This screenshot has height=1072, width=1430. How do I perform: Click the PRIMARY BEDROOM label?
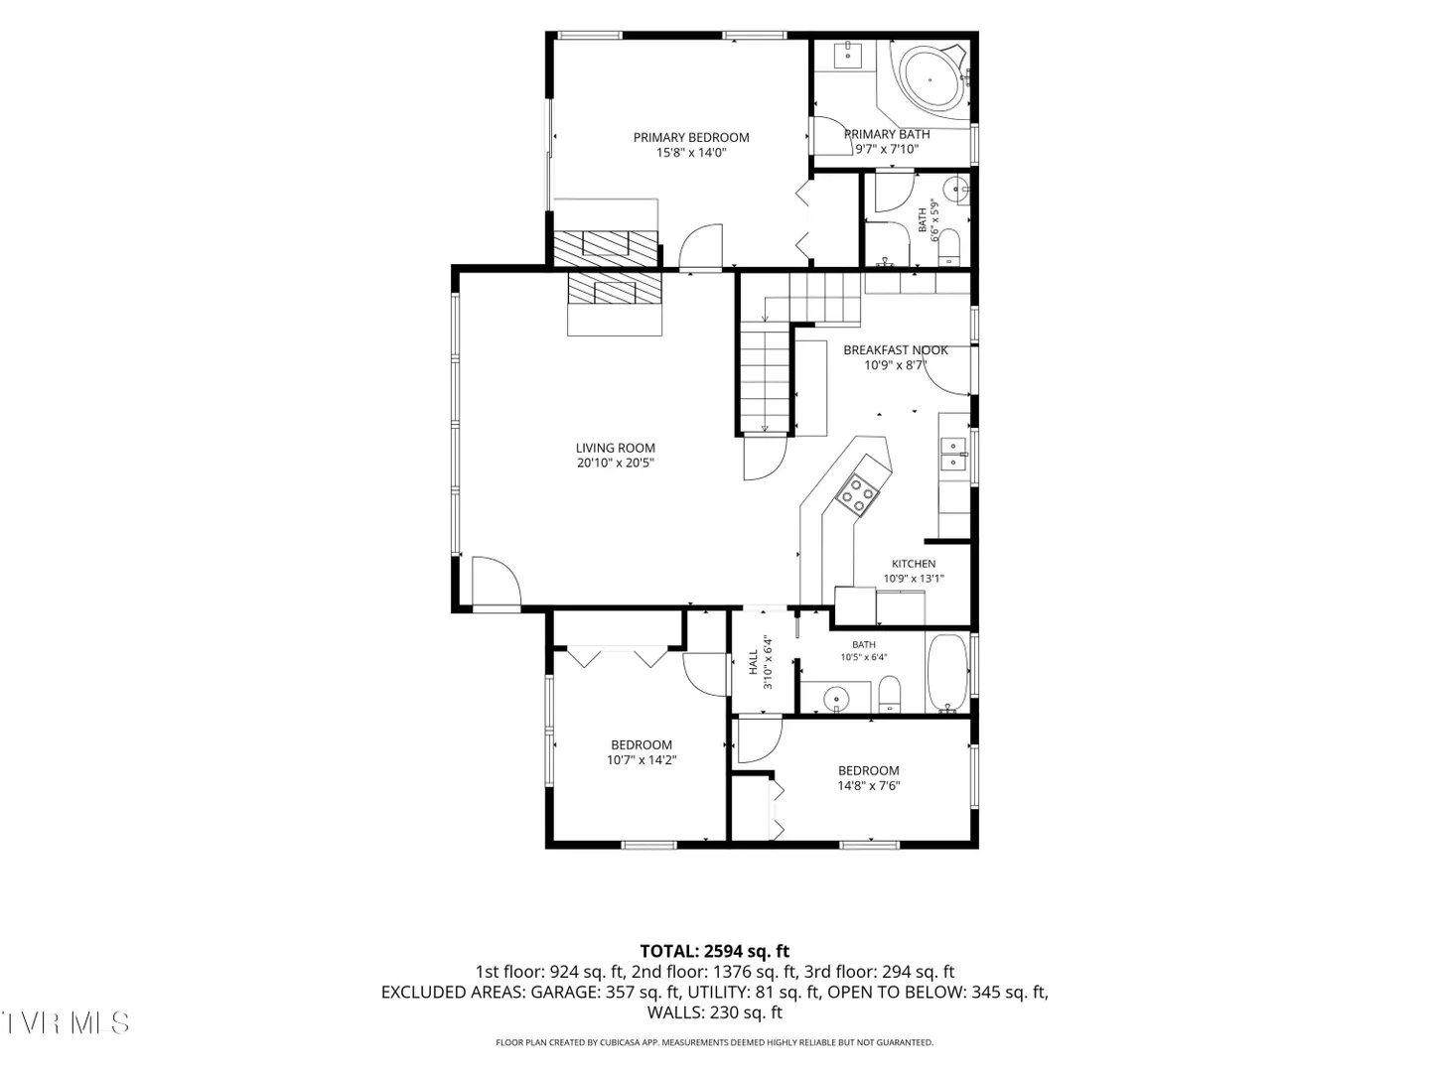[690, 137]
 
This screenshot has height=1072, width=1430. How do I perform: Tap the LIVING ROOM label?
[615, 448]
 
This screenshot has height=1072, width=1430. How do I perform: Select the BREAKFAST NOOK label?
[895, 350]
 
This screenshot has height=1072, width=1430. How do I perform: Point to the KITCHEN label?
[914, 564]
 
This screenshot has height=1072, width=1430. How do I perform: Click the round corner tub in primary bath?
[930, 80]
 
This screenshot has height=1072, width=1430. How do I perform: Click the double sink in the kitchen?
[953, 455]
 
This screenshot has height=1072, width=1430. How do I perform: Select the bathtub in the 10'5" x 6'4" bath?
[947, 673]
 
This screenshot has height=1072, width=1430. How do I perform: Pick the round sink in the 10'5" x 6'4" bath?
[836, 701]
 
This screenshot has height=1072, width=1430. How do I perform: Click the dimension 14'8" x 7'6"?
[868, 785]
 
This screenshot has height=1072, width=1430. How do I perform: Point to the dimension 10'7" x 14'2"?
[642, 759]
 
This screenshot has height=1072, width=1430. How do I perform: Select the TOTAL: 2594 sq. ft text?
[715, 952]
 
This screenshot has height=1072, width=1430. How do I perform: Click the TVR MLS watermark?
[66, 1023]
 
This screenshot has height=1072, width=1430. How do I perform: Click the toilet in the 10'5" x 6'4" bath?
[889, 694]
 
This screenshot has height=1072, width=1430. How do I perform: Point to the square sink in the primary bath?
[848, 55]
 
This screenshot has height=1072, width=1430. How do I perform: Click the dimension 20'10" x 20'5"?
[615, 463]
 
